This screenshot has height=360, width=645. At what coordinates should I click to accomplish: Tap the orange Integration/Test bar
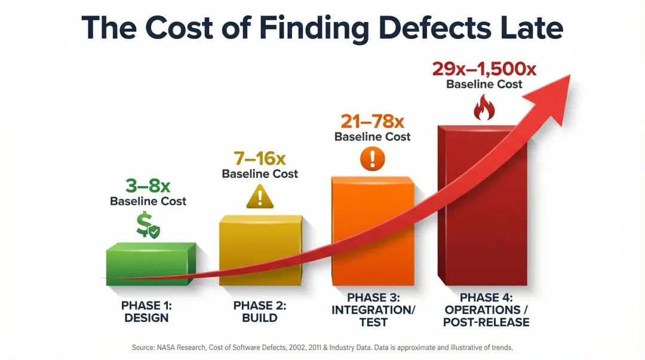click(371, 233)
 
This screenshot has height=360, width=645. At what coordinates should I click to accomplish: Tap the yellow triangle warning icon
click(259, 196)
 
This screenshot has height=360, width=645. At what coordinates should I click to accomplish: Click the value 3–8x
click(148, 184)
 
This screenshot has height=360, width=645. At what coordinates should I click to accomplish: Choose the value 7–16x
click(259, 158)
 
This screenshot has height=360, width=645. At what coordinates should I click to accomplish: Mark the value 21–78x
click(372, 121)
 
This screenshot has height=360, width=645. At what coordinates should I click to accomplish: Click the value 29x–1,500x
click(484, 69)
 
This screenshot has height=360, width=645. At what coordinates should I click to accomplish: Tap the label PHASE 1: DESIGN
click(146, 312)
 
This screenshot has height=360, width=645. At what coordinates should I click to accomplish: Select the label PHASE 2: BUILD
click(259, 312)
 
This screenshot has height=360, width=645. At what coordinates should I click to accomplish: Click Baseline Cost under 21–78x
click(372, 137)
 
